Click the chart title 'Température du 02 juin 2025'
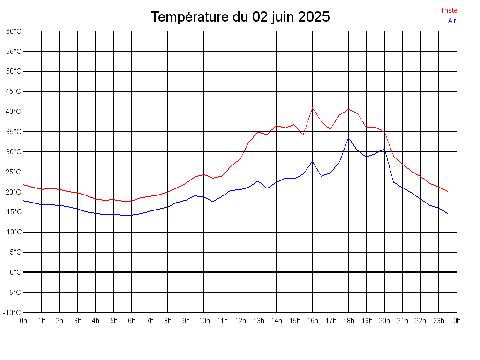240,17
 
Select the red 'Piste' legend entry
449,10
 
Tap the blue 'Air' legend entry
452,20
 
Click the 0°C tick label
16,272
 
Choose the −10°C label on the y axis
13,312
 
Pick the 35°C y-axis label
14,131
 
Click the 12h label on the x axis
240,321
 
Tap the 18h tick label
348,321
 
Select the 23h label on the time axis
439,321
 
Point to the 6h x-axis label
132,321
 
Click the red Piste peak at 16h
313,108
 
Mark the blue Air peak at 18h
348,138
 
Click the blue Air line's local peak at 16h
313,161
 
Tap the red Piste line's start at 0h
23,185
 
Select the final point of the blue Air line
448,213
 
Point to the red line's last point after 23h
448,191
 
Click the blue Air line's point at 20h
384,149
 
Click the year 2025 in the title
314,17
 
